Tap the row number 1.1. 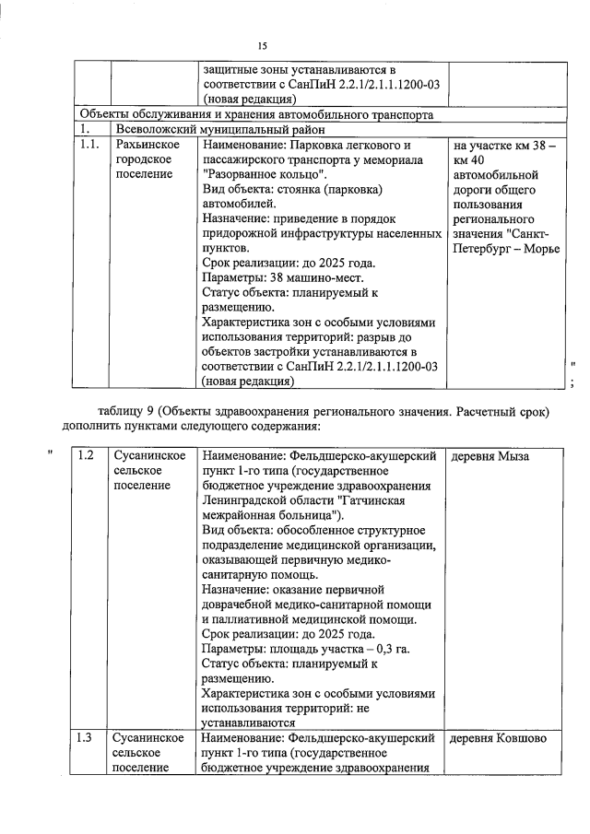[89, 145]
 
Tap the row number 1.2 [87, 456]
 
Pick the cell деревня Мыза [490, 456]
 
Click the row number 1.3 [87, 738]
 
